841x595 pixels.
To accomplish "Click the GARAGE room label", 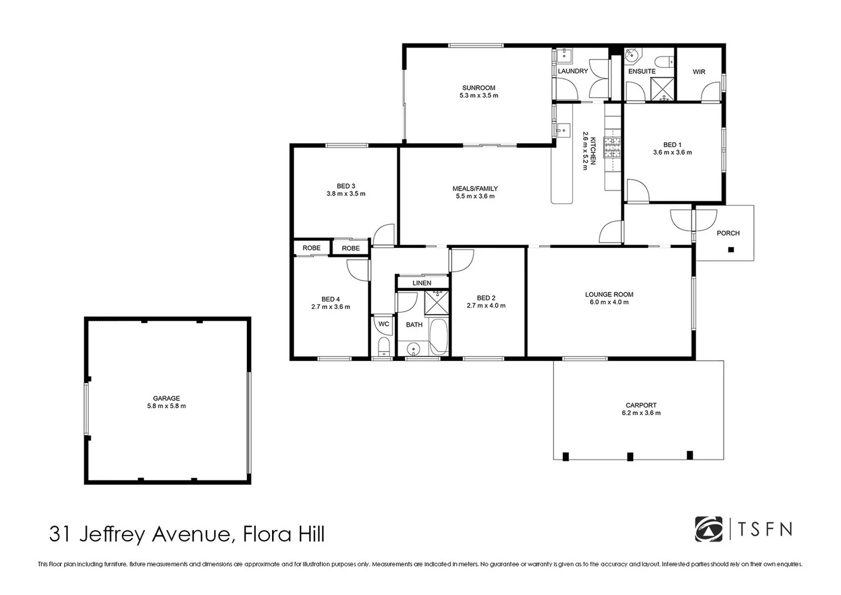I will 166,398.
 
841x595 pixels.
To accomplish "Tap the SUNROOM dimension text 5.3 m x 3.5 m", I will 479,96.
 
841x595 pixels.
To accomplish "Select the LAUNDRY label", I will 573,71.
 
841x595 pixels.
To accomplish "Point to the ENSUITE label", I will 642,71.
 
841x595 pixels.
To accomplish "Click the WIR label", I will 699,72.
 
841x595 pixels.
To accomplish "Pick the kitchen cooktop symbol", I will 612,147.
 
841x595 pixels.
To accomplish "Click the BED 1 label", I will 672,145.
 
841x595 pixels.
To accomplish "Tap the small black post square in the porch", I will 731,250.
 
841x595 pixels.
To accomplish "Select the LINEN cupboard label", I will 422,283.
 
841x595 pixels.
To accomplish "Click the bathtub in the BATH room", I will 438,336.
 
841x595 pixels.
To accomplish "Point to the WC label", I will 384,324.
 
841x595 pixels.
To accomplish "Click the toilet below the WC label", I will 383,347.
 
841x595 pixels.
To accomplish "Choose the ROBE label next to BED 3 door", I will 351,248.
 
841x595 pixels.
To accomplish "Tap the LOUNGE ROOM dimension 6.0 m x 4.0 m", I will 609,302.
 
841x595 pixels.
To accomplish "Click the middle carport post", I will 630,456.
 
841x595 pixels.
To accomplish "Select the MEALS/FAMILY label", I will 475,188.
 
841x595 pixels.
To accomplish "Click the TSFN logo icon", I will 708,529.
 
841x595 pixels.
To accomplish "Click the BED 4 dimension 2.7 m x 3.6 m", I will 330,307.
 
